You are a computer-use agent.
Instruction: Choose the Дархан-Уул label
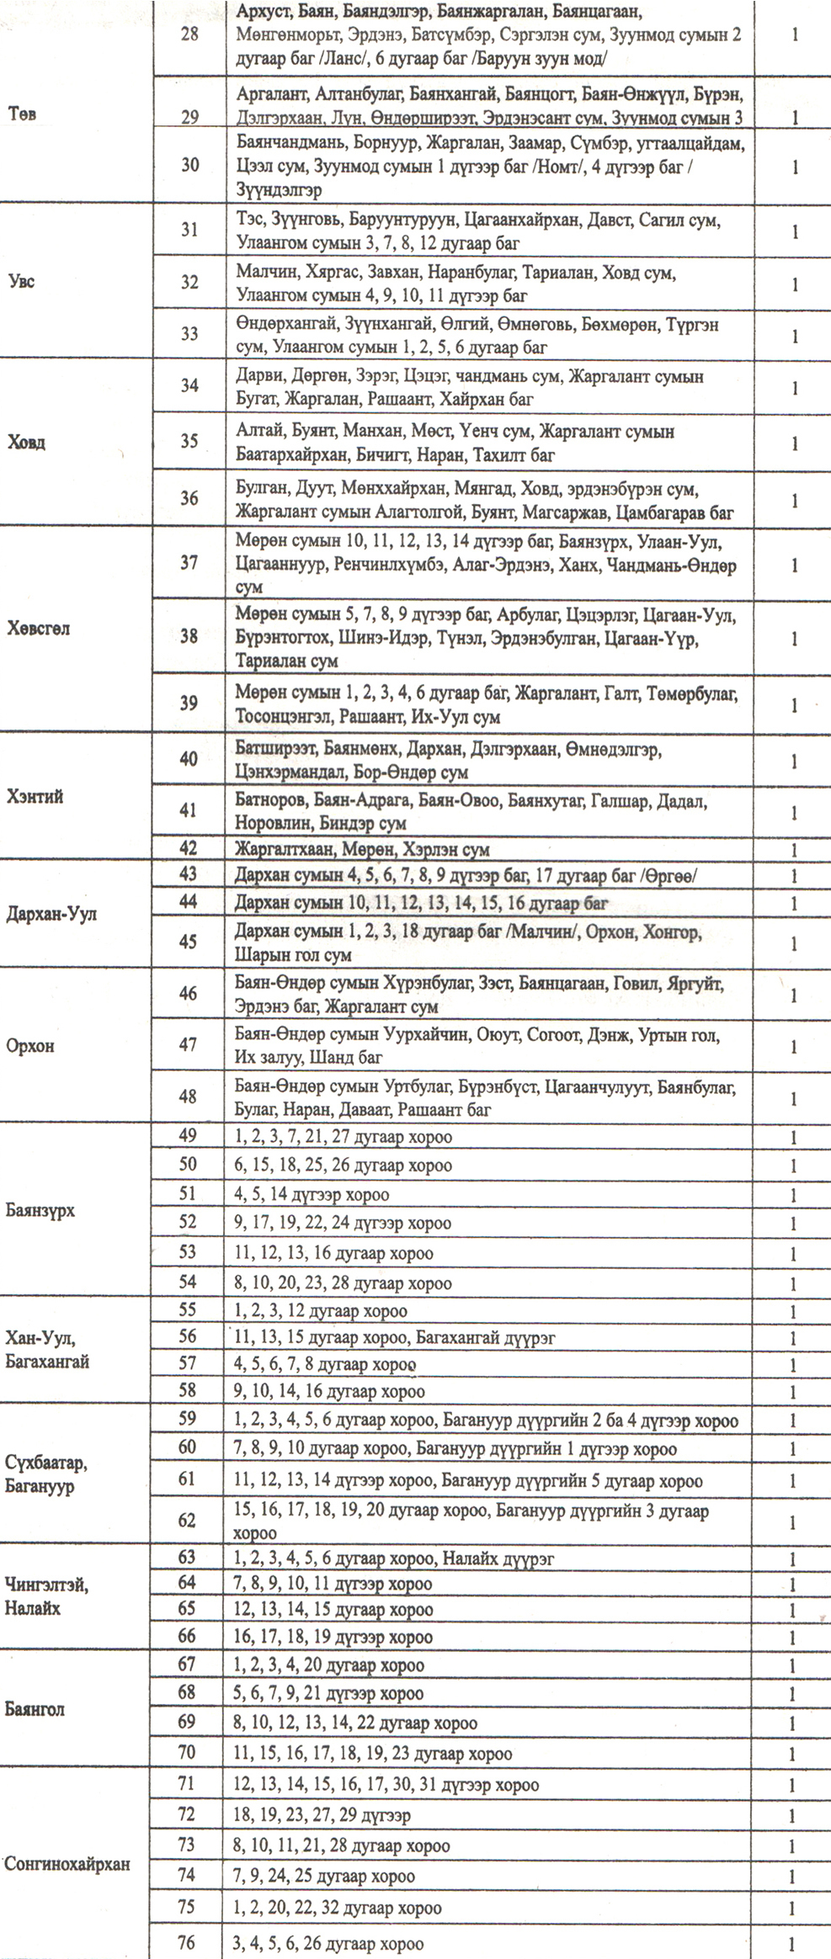click(51, 914)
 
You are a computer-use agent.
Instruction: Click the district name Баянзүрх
click(40, 1211)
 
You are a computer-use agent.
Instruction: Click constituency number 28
click(189, 36)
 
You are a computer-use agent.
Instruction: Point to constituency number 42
click(189, 849)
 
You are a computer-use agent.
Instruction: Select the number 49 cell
click(188, 1137)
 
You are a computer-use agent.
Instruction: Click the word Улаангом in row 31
click(264, 244)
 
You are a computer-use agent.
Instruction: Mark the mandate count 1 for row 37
click(794, 565)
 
